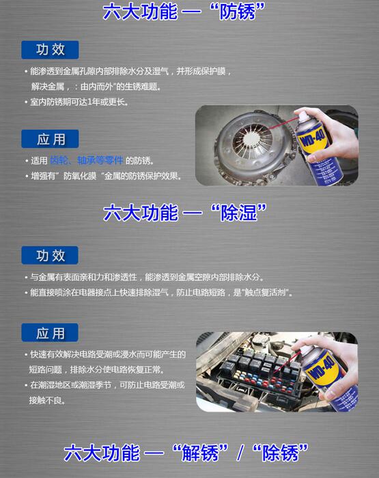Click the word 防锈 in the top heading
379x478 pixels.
pos(238,12)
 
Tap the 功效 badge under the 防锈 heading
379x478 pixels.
pos(50,50)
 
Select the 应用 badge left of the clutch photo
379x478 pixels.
pos(50,139)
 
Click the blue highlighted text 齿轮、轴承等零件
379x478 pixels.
pos(87,160)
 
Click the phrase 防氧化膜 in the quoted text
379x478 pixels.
pos(80,176)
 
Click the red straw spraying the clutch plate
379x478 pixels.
pos(279,124)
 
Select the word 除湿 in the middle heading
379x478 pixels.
pos(239,212)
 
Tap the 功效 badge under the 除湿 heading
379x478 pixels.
pos(50,255)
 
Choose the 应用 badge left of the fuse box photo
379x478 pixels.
pos(50,333)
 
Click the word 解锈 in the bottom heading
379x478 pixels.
pos(200,452)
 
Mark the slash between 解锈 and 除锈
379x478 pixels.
pos(240,453)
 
